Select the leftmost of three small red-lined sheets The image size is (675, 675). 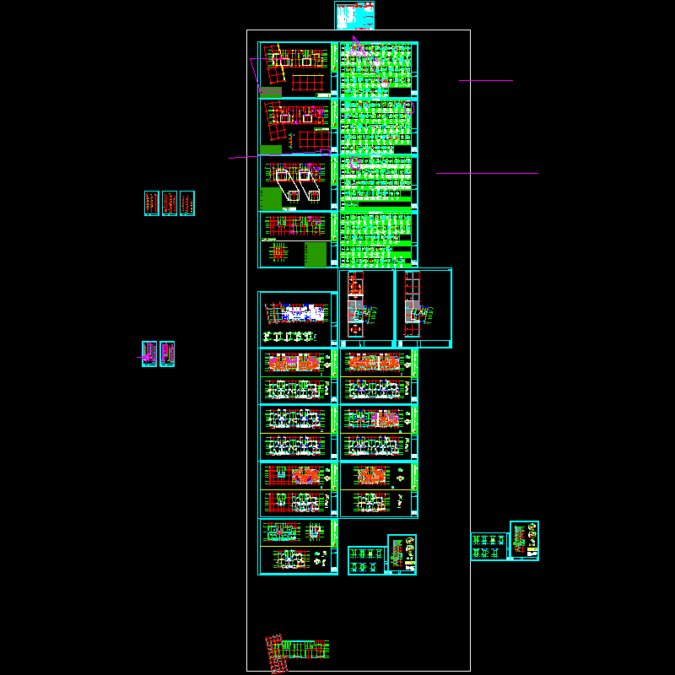[151, 202]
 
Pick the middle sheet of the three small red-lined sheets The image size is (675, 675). [170, 202]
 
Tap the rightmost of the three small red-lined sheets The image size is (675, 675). [187, 202]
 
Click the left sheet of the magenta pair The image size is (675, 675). [149, 354]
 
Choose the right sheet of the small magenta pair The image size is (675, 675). [167, 354]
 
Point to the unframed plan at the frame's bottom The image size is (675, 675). [297, 652]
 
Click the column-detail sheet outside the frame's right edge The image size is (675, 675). [489, 546]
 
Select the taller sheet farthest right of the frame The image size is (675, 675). [524, 540]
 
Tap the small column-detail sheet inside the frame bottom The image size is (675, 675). [366, 559]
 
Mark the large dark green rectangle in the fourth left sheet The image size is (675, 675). [316, 255]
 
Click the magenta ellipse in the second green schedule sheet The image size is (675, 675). [410, 107]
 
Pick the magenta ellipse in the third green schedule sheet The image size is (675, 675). [355, 163]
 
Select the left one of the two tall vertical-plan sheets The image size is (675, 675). [366, 308]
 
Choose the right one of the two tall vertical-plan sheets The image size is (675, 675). [423, 308]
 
